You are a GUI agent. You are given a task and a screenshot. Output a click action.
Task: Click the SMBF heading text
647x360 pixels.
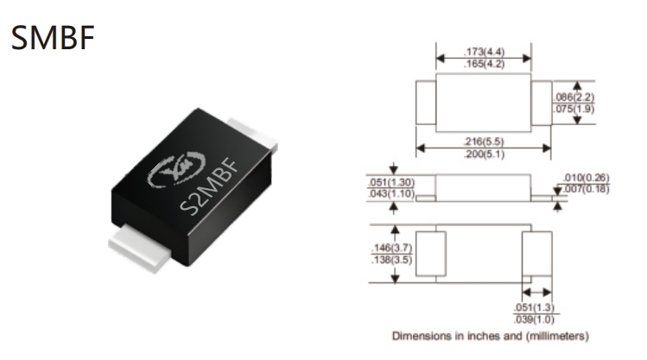53,37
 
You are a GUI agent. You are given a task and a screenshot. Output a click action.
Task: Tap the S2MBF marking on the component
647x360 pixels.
211,186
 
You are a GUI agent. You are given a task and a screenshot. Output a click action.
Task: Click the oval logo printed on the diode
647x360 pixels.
176,168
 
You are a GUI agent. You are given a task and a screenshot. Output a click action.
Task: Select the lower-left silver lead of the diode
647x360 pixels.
139,249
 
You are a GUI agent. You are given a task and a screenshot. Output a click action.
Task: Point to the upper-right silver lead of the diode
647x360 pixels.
253,134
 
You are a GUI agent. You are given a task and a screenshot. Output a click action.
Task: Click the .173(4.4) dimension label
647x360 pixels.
484,52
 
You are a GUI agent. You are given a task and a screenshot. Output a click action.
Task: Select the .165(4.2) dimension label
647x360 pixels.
484,64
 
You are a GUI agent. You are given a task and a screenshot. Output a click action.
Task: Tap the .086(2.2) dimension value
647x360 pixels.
574,97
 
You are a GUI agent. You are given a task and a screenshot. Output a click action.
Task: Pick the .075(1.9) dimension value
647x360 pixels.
574,109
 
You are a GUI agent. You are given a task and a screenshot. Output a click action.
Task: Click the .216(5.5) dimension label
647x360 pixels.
484,142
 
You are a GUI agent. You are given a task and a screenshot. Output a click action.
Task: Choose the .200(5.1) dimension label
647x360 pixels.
484,155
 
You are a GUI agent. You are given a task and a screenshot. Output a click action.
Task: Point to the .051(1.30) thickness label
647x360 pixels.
391,182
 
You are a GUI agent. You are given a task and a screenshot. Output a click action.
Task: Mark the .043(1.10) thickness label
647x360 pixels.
391,194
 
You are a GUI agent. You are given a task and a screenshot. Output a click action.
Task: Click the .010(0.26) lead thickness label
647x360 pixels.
587,177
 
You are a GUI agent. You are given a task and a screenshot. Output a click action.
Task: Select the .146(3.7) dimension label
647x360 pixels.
391,248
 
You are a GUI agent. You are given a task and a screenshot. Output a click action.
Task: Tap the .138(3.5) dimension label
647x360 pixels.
391,260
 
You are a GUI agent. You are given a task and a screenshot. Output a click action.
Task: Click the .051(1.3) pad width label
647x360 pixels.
535,307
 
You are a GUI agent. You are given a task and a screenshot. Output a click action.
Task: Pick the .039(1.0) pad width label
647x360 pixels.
535,319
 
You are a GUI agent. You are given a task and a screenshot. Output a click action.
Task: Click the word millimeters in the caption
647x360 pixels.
556,336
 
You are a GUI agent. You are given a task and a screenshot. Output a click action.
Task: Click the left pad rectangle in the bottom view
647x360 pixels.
431,254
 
